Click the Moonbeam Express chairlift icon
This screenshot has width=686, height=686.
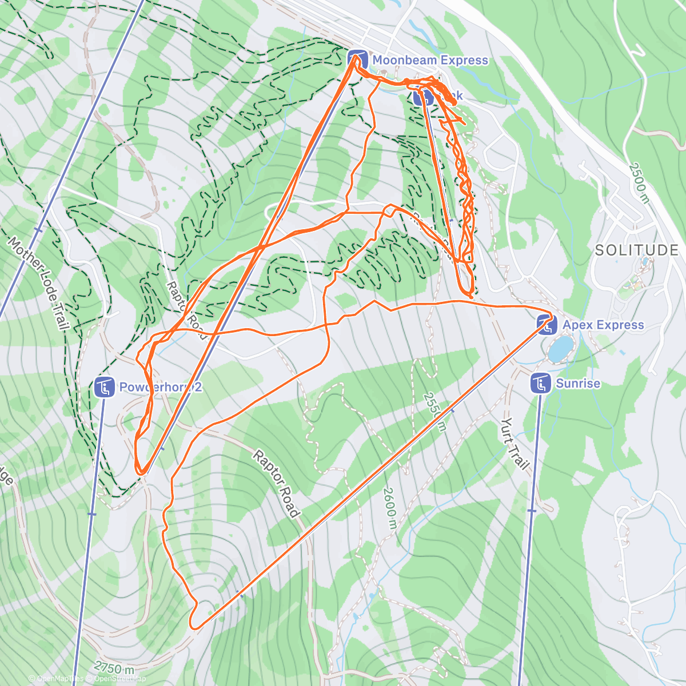click(357, 59)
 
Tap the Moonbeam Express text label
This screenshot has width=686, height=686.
click(430, 60)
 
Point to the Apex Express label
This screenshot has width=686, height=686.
click(603, 325)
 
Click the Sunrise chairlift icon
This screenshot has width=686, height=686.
click(540, 384)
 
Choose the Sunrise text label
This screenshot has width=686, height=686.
click(578, 383)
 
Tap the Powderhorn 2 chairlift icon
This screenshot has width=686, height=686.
click(105, 388)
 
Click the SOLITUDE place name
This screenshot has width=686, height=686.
click(636, 250)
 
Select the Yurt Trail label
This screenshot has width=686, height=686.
click(514, 443)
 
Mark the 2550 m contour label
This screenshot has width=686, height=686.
click(434, 412)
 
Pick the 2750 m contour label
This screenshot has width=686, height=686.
click(114, 667)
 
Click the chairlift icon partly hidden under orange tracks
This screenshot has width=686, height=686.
click(423, 97)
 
